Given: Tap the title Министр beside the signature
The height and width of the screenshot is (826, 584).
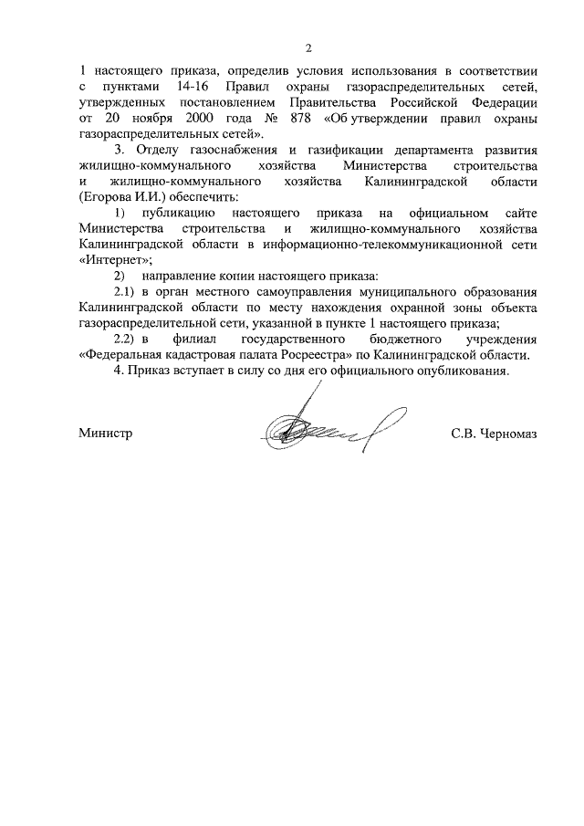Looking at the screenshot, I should (106, 433).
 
